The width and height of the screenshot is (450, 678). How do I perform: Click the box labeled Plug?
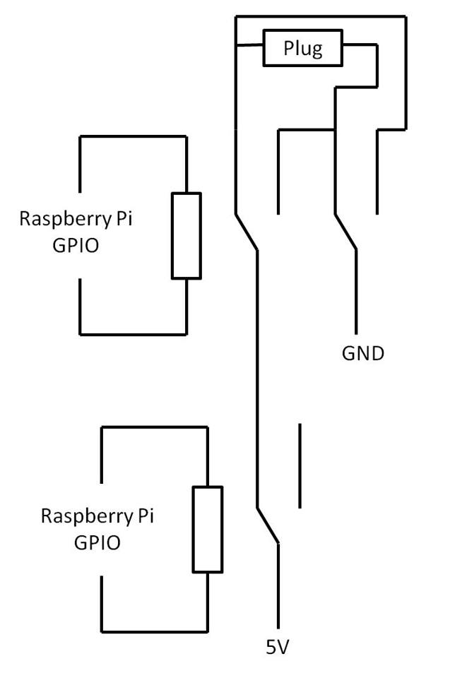302,49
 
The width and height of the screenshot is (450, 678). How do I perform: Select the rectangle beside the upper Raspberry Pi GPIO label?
186,235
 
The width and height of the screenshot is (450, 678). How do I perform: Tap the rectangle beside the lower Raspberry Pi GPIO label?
208,529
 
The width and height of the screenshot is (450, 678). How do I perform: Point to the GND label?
363,353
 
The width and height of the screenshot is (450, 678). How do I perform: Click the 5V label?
277,646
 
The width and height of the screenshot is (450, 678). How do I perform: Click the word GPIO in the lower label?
97,543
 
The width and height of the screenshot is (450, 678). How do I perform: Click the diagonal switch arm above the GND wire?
345,231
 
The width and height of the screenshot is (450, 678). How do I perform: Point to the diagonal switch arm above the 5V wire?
268,525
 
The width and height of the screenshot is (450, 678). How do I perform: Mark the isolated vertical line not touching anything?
300,465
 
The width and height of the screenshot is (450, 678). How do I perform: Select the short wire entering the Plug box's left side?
249,47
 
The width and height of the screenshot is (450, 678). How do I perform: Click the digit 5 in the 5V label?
271,646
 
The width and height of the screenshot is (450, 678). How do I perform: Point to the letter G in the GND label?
350,353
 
